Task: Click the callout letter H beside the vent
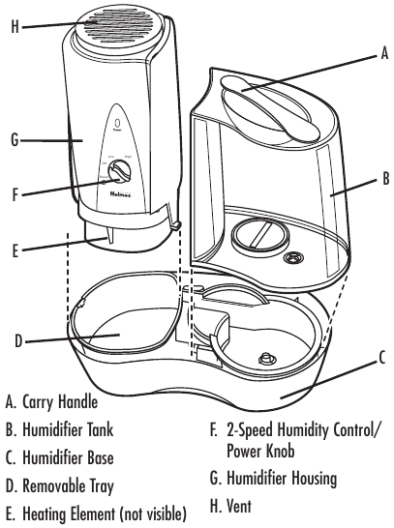[x=14, y=27]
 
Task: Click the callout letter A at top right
[x=383, y=57]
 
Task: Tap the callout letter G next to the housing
[x=14, y=139]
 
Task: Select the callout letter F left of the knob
[x=15, y=193]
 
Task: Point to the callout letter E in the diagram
[x=15, y=249]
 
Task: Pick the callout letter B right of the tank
[x=384, y=179]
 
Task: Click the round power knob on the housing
[x=120, y=173]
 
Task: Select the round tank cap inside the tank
[x=257, y=236]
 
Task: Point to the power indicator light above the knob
[x=118, y=124]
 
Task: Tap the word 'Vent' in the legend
[x=233, y=505]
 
